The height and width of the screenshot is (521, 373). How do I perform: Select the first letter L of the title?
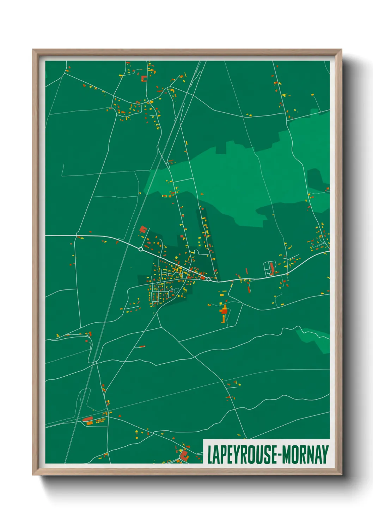(210, 454)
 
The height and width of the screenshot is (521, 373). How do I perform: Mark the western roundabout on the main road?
(141, 249)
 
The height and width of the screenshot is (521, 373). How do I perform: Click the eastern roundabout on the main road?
(208, 279)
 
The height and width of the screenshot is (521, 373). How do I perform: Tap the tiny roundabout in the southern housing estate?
(172, 289)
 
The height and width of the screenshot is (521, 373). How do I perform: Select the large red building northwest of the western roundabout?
(143, 230)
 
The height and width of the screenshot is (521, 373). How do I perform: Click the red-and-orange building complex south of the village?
(224, 313)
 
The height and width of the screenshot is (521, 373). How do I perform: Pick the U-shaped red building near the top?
(143, 78)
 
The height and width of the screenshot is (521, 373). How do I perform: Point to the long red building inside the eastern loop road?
(271, 268)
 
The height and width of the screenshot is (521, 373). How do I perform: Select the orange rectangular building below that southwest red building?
(90, 423)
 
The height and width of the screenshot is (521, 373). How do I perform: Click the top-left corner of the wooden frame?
(33, 50)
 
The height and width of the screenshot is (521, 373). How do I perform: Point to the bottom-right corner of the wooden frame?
(341, 475)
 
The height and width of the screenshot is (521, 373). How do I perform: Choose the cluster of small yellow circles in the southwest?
(99, 421)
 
